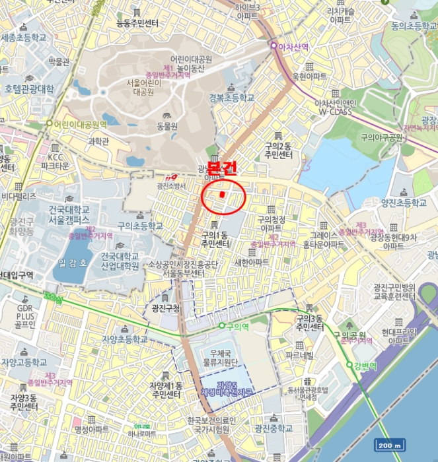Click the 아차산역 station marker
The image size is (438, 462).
pyautogui.click(x=274, y=46)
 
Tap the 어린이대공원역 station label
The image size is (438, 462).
pyautogui.click(x=80, y=124)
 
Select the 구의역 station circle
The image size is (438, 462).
pyautogui.click(x=222, y=326)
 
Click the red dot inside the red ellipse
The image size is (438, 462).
pyautogui.click(x=223, y=195)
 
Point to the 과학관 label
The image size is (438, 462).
pyautogui.click(x=98, y=141)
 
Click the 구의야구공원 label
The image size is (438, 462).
pyautogui.click(x=381, y=137)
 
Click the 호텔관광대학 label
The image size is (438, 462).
pyautogui.click(x=29, y=88)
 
